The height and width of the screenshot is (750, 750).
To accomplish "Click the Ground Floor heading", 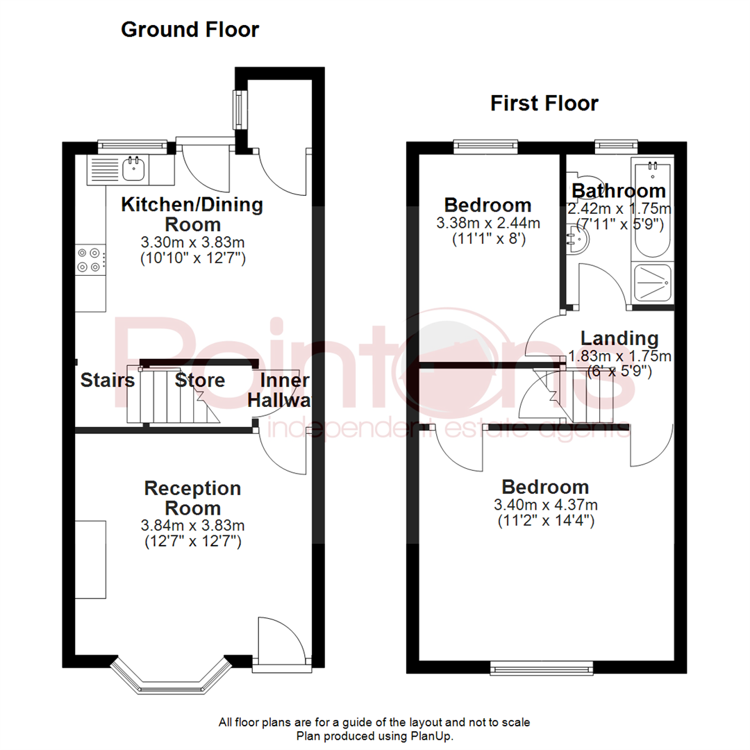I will pos(190,30).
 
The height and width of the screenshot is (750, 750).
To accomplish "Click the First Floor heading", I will pos(544,103).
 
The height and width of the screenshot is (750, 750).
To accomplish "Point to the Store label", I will pos(200,381).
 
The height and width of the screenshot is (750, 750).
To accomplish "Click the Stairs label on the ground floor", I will pos(107,381).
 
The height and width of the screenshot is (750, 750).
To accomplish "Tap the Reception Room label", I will pos(192,498).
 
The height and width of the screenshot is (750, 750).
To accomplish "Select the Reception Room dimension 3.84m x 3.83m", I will pos(192,526).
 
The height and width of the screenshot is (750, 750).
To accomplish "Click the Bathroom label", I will pos(618,190).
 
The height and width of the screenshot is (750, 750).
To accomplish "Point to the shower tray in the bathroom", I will pos(651,283).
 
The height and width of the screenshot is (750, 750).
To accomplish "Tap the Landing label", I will pos(619,339).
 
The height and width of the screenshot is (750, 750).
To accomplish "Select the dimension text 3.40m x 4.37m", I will pos(545,505).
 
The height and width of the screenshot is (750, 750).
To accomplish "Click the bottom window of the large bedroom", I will pos(541,668).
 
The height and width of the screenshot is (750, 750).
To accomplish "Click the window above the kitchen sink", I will pos(132,145).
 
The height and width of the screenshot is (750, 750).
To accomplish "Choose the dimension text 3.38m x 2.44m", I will pos(487,224).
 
